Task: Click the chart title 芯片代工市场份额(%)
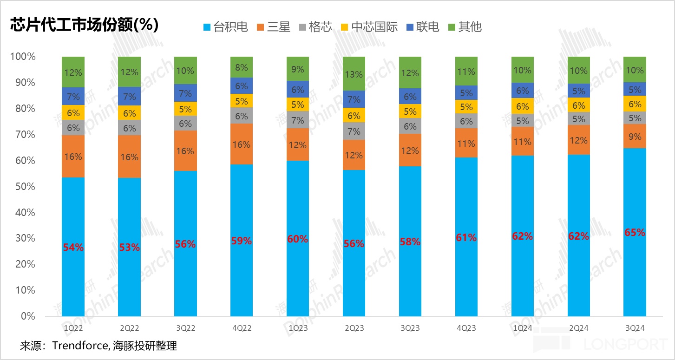coord(84,25)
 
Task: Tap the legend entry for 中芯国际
coord(369,27)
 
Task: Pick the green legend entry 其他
coord(465,27)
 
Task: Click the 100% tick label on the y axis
coord(23,57)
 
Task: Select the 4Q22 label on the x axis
coord(242,328)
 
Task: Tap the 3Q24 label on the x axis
coord(634,328)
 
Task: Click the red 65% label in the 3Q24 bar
coord(635,233)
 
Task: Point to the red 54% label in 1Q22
coord(73,248)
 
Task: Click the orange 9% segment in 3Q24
coord(635,137)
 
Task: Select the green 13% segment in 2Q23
coord(354,73)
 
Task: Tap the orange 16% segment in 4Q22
coord(242,144)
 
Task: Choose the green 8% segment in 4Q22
coord(242,67)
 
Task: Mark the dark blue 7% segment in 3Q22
coord(185,93)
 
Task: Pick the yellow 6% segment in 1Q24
coord(522,106)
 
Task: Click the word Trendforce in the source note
coord(80,346)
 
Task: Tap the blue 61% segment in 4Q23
coord(466,237)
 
